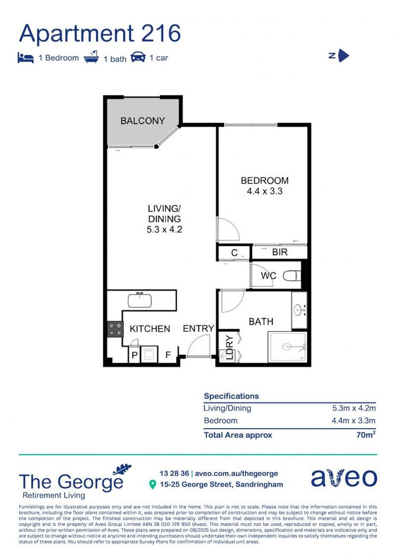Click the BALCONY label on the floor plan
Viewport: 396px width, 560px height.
[143, 121]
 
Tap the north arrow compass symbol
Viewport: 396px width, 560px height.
[343, 55]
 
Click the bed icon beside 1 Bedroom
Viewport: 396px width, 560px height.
[25, 58]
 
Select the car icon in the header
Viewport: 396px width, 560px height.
[138, 57]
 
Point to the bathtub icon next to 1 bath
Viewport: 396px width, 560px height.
[92, 57]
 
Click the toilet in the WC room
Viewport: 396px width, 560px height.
[293, 276]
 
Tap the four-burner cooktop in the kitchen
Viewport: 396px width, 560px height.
[115, 329]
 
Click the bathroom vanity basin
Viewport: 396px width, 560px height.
[299, 310]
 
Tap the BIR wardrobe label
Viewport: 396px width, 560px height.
[279, 253]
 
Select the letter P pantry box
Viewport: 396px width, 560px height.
[134, 356]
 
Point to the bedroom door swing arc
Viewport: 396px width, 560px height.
[228, 229]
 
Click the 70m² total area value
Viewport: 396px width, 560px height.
[365, 435]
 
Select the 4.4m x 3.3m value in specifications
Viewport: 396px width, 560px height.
[353, 421]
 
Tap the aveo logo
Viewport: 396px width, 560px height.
[344, 478]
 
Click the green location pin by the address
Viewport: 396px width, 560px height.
[152, 484]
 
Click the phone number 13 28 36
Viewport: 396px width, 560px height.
[174, 473]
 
